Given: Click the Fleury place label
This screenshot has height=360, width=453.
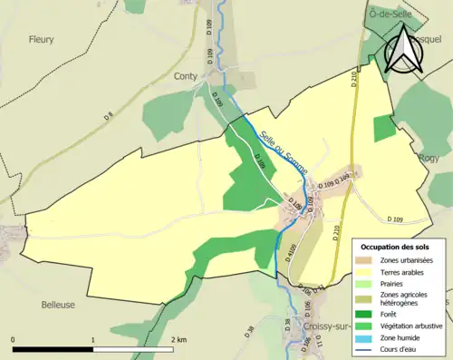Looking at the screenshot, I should (x=41, y=40).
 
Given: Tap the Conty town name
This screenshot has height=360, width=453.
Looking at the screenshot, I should (x=187, y=77).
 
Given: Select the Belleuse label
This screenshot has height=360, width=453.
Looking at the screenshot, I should (x=58, y=306).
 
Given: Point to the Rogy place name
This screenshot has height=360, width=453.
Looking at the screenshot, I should (x=429, y=158).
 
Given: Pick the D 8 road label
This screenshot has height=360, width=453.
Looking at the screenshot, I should (x=109, y=115).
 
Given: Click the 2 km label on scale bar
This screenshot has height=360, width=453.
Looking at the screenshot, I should (x=178, y=339).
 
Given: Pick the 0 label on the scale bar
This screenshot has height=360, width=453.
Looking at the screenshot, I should (x=14, y=339).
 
